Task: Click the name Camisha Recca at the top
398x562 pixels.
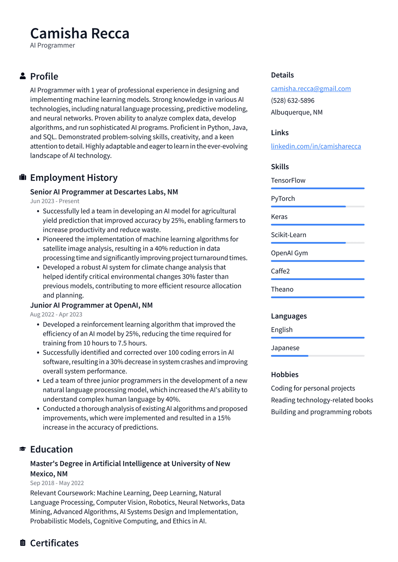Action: coord(80,34)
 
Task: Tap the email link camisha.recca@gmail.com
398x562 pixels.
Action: coord(311,89)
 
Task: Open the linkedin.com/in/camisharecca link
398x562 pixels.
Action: coord(316,146)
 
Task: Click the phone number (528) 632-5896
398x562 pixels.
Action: coord(293,101)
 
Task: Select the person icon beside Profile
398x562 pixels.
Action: coord(23,76)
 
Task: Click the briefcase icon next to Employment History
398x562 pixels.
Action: coord(23,177)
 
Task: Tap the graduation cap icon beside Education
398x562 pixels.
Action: coord(23,449)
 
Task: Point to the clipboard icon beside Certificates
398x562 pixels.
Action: coord(23,543)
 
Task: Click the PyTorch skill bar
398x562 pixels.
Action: coord(318,207)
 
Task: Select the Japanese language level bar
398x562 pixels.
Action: coord(318,356)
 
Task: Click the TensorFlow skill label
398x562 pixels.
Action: coord(288,180)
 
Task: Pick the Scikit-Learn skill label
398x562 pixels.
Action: coord(288,235)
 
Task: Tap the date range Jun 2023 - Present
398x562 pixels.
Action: coord(54,201)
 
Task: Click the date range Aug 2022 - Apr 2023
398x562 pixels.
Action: coord(56,315)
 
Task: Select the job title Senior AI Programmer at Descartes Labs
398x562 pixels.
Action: coord(104,192)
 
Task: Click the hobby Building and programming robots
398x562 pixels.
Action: coord(321,412)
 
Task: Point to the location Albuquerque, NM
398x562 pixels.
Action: coord(297,112)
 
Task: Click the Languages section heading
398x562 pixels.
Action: coord(289,316)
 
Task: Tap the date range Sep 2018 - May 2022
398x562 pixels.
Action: coord(57,483)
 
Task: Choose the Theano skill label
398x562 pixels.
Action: coord(282,289)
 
